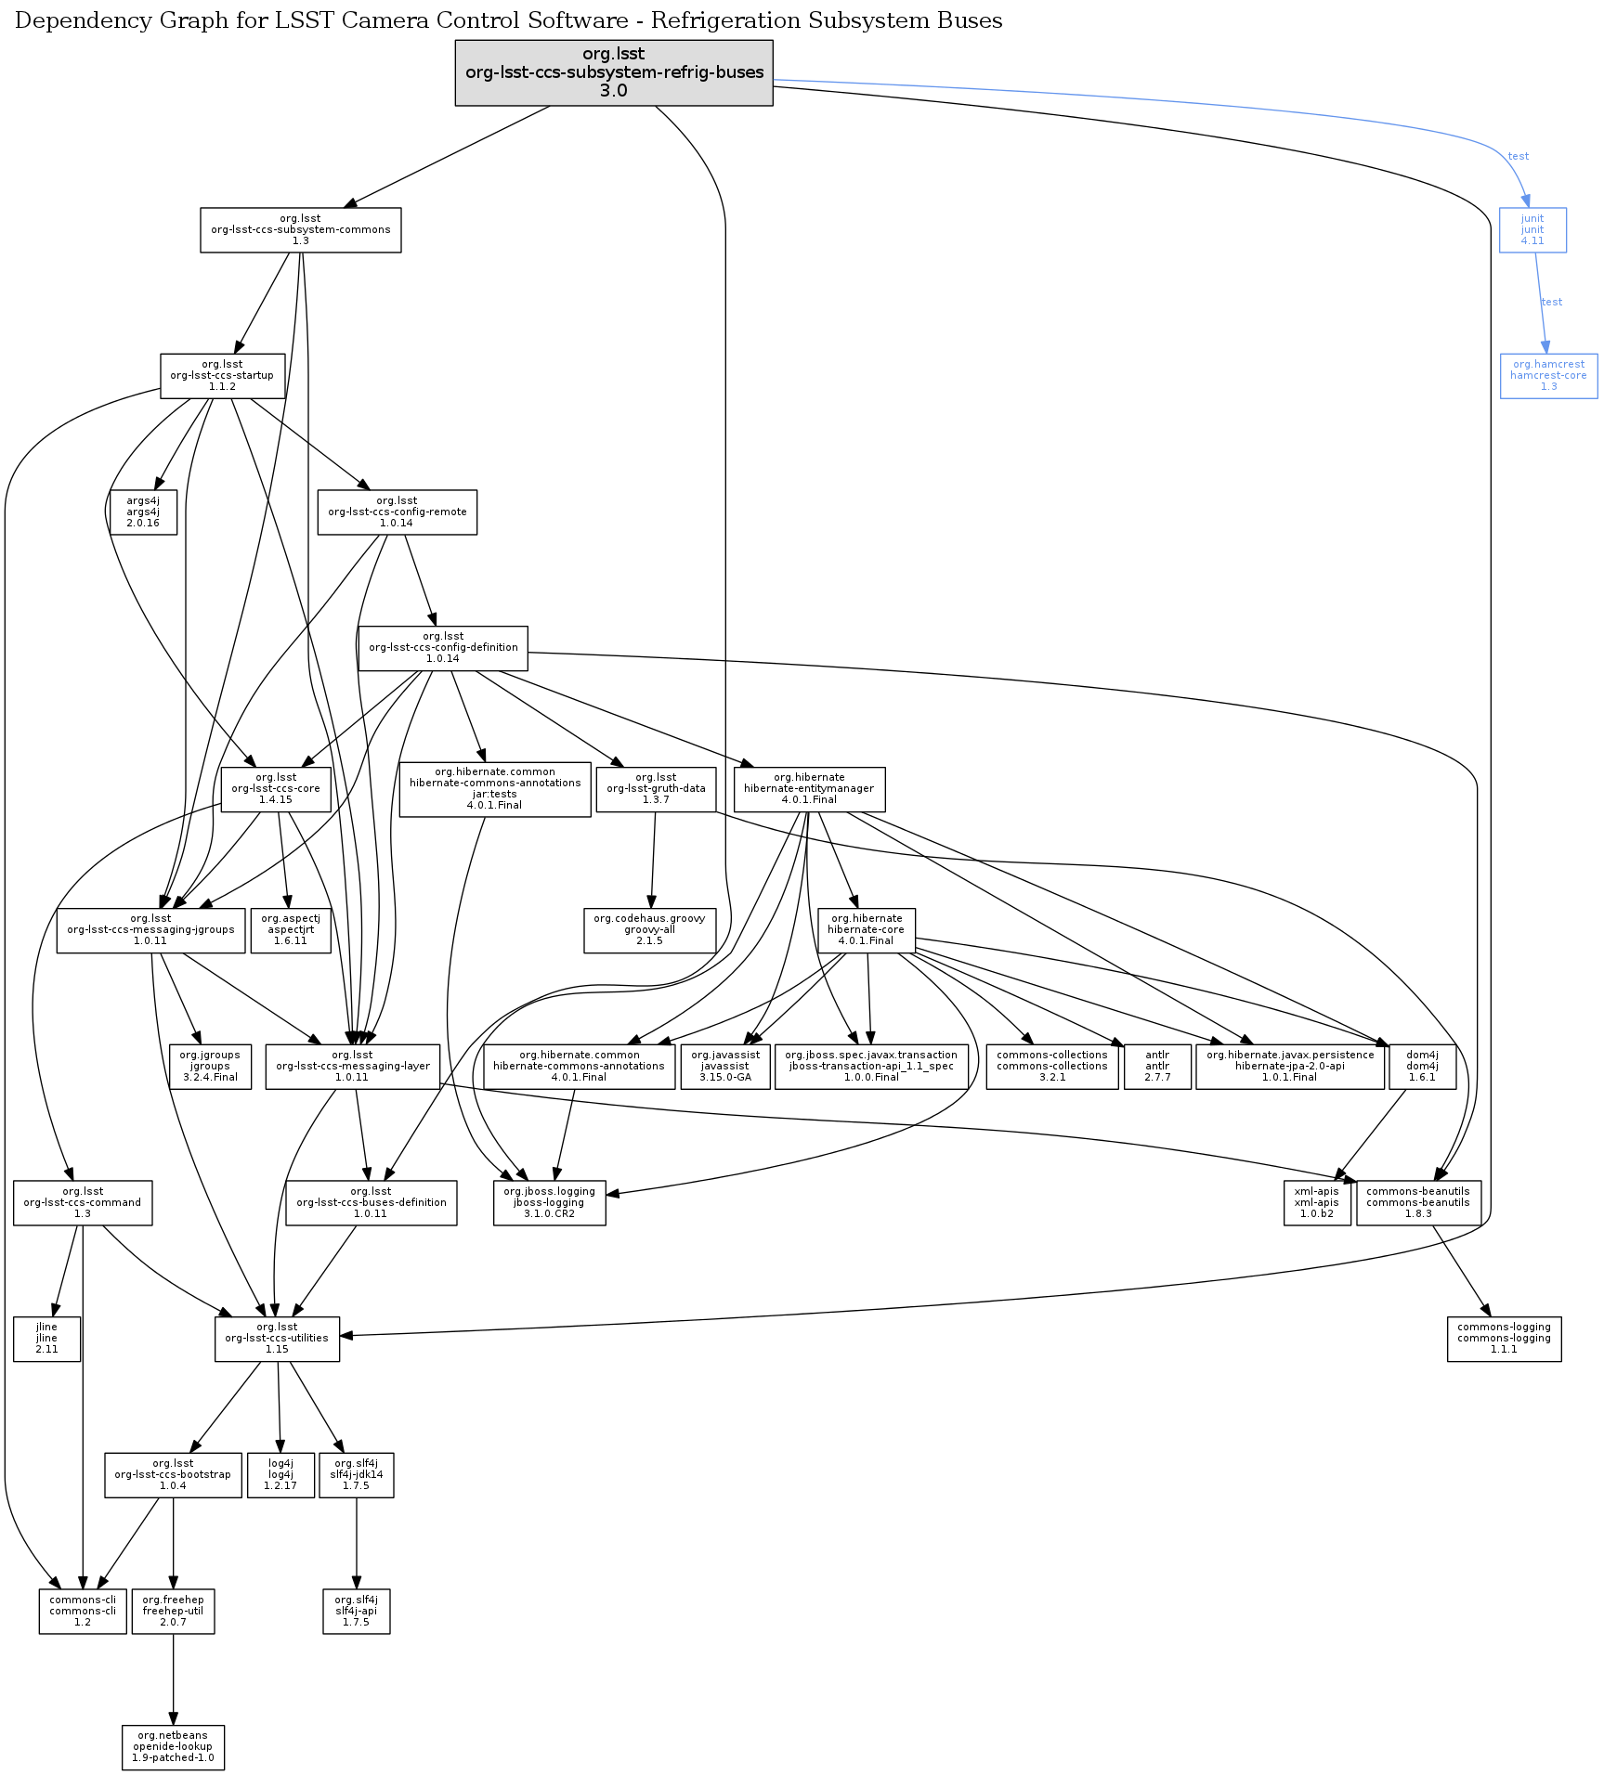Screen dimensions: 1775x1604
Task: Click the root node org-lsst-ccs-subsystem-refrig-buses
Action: tap(613, 72)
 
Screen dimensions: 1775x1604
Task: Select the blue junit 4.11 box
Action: tap(1532, 230)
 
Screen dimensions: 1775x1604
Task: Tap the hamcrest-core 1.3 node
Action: tap(1548, 376)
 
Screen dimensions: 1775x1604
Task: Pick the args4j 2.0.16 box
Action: tap(143, 512)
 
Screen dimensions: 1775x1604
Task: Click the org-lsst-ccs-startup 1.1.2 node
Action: tap(222, 376)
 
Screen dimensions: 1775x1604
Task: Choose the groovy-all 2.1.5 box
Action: tap(649, 930)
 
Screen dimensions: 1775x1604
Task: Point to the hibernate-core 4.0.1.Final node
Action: tap(866, 930)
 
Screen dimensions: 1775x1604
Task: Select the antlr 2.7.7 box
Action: tap(1156, 1067)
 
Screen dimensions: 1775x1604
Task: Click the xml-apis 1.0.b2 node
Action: tap(1316, 1203)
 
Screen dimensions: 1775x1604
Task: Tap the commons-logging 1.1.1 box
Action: tap(1504, 1339)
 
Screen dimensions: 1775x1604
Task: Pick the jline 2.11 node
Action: tap(46, 1339)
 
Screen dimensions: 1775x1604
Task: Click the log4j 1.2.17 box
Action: tap(280, 1475)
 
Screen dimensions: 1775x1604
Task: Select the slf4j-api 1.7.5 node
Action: tap(356, 1612)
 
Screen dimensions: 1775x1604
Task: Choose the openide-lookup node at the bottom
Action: tap(173, 1747)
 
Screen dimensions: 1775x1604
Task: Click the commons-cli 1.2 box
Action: tap(83, 1612)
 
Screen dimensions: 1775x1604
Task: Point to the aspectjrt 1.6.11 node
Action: tap(291, 930)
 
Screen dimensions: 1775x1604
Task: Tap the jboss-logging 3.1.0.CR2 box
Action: tap(549, 1203)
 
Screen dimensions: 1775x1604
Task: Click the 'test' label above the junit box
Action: tap(1519, 156)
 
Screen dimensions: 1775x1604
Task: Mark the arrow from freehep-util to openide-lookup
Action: tap(173, 1680)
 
